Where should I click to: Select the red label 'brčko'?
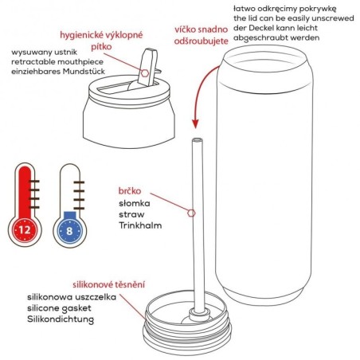pos(129,191)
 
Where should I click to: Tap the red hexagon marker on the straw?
pos(191,213)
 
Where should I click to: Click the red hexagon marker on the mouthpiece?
pos(144,73)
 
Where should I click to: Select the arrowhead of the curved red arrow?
pos(194,123)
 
